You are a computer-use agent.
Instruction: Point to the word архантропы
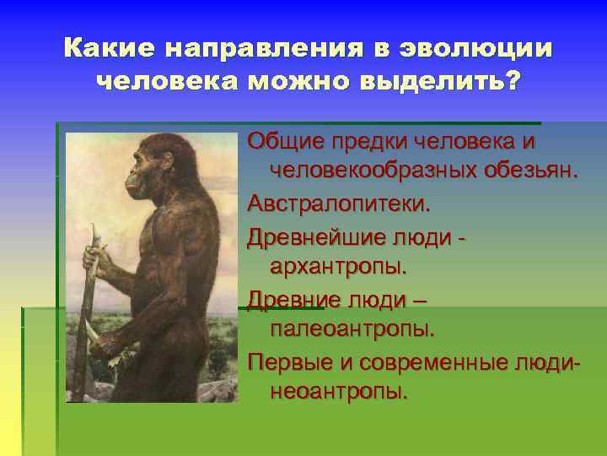point(338,266)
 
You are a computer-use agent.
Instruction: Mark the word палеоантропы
point(352,328)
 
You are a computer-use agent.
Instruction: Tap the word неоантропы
point(338,392)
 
